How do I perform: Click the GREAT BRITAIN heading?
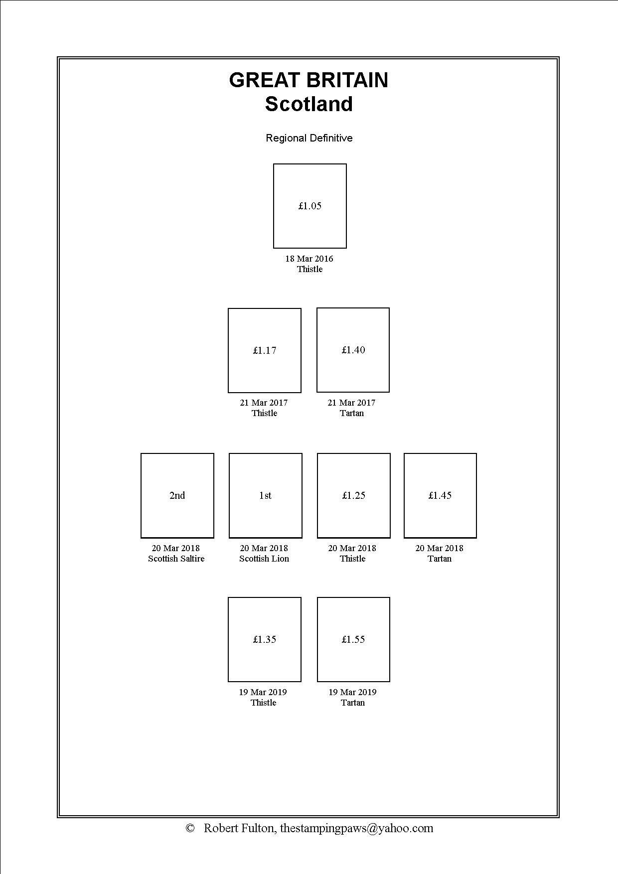[309, 80]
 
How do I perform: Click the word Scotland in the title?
[309, 104]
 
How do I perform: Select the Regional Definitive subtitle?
[309, 138]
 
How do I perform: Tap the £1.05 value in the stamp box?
[310, 206]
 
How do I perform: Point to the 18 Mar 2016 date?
[309, 259]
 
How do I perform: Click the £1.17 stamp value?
[265, 350]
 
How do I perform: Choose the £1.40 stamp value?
[353, 350]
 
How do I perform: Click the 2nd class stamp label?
[177, 495]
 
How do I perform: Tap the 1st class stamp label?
[265, 495]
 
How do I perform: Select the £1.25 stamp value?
[354, 495]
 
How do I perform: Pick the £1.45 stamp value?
[440, 495]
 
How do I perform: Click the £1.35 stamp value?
[265, 639]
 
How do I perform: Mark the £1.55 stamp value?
[353, 639]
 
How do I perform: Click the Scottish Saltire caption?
[176, 559]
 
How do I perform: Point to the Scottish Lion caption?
[264, 559]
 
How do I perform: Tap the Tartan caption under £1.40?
[352, 413]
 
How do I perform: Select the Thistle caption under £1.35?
[264, 703]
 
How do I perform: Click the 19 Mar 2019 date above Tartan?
[352, 692]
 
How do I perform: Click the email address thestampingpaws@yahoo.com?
[356, 828]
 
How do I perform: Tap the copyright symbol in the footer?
[190, 828]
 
